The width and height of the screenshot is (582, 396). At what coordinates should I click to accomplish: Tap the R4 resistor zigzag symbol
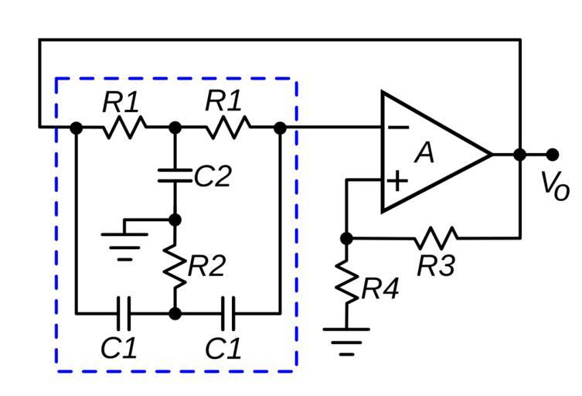coord(346,285)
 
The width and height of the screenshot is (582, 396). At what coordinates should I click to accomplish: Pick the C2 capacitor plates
coord(175,176)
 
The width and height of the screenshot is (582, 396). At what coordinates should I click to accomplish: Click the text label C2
coord(213,176)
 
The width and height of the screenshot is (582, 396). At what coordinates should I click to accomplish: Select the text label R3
coord(437,265)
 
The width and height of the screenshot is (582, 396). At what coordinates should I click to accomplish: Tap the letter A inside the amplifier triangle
coord(424,153)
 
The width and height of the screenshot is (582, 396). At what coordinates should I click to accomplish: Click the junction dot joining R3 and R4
coord(346,238)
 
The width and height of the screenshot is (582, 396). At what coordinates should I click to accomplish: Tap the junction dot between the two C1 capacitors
coord(175,313)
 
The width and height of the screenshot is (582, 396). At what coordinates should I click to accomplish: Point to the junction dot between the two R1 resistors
coord(175,127)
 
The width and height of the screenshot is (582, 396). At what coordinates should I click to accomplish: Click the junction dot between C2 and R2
coord(175,220)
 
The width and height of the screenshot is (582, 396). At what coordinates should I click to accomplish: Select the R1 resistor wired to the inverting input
coord(228,126)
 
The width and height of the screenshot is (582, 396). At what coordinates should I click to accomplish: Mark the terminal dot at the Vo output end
coord(552,154)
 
